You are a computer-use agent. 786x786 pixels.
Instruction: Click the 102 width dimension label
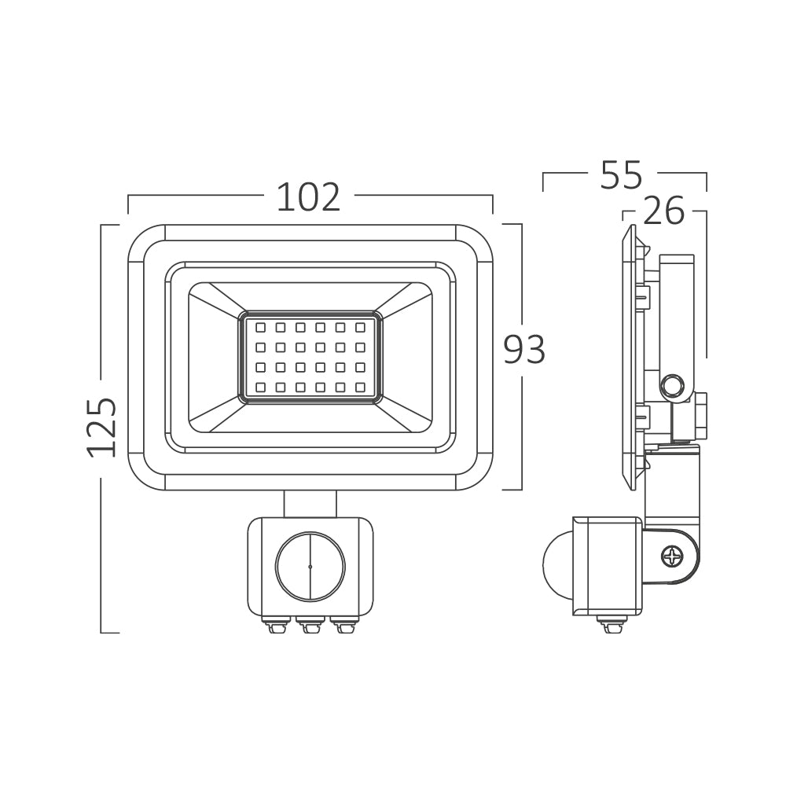[308, 197]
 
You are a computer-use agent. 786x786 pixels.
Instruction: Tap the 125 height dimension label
[102, 427]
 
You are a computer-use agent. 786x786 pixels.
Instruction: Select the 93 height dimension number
[524, 350]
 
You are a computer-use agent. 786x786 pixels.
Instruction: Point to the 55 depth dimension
[621, 175]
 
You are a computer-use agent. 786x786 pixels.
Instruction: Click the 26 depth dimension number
[663, 211]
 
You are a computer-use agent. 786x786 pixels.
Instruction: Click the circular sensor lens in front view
[310, 566]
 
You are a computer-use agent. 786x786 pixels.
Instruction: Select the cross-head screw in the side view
[673, 558]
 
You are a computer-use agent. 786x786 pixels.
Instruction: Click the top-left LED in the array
[260, 326]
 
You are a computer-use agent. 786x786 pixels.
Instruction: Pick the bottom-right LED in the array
[360, 387]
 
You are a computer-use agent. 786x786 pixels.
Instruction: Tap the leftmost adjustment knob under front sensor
[276, 626]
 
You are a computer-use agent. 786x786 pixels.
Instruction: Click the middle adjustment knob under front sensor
[310, 626]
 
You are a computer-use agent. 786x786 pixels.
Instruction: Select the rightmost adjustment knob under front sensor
[343, 626]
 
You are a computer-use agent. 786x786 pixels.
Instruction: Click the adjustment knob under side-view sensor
[612, 626]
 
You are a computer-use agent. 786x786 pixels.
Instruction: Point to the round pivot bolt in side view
[672, 386]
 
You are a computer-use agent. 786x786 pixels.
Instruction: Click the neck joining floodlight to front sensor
[310, 503]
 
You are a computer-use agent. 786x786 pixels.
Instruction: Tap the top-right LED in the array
[360, 326]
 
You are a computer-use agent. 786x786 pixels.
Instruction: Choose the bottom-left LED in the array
[260, 387]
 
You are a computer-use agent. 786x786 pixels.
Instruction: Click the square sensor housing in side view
[607, 566]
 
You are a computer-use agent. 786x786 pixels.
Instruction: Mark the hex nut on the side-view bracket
[700, 416]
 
